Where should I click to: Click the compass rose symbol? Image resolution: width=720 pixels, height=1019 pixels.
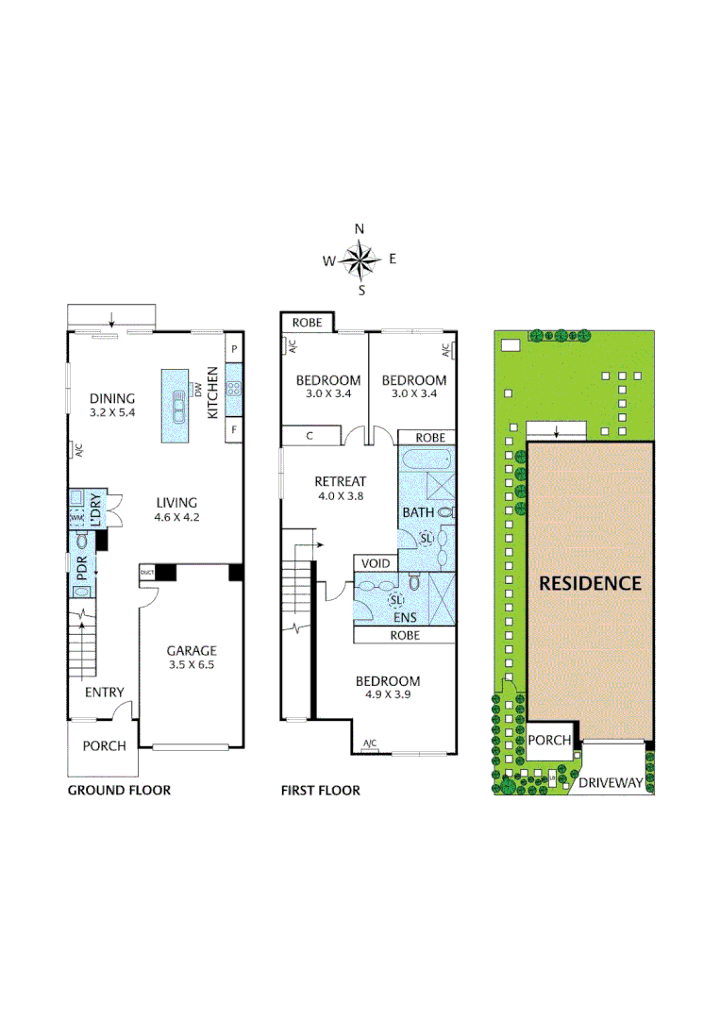[x=360, y=258]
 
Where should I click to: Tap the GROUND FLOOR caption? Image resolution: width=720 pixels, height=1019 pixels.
[x=119, y=790]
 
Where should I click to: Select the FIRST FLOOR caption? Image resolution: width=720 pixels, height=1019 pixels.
[x=321, y=790]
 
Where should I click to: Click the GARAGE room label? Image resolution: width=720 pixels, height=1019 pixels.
[x=192, y=650]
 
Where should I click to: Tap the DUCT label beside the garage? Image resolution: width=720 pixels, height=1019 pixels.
[x=146, y=572]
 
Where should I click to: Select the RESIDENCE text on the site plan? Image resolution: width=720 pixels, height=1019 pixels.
[x=590, y=583]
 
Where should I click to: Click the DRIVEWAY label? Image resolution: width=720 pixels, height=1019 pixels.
[x=611, y=782]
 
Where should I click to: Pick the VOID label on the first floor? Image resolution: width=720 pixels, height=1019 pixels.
[x=376, y=563]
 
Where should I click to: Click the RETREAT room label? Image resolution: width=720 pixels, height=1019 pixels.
[x=340, y=481]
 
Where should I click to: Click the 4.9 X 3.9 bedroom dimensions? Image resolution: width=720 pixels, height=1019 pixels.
[x=387, y=697]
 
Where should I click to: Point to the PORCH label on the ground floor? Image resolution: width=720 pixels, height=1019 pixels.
[x=104, y=745]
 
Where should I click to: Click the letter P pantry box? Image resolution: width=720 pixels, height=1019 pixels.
[x=234, y=348]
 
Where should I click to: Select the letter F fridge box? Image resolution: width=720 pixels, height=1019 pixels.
[x=234, y=430]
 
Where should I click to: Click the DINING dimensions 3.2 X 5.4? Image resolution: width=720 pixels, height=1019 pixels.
[x=111, y=413]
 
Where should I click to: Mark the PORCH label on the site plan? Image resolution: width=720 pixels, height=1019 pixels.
[x=549, y=740]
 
